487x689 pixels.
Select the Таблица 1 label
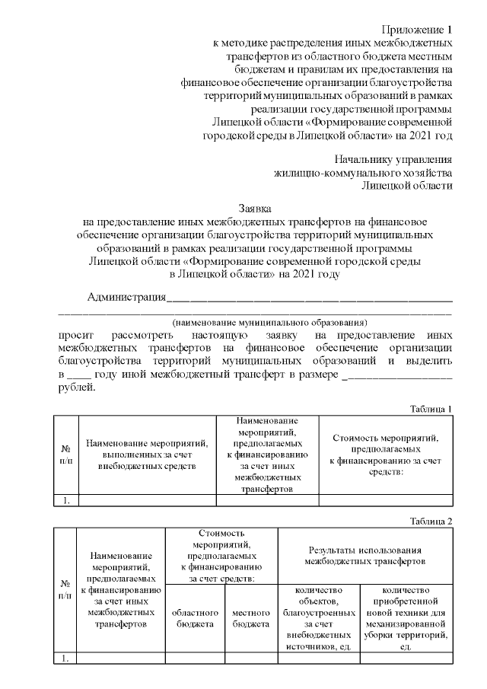tap(431, 408)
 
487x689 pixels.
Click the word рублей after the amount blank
tap(77, 387)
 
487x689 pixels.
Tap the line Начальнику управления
tap(393, 159)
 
